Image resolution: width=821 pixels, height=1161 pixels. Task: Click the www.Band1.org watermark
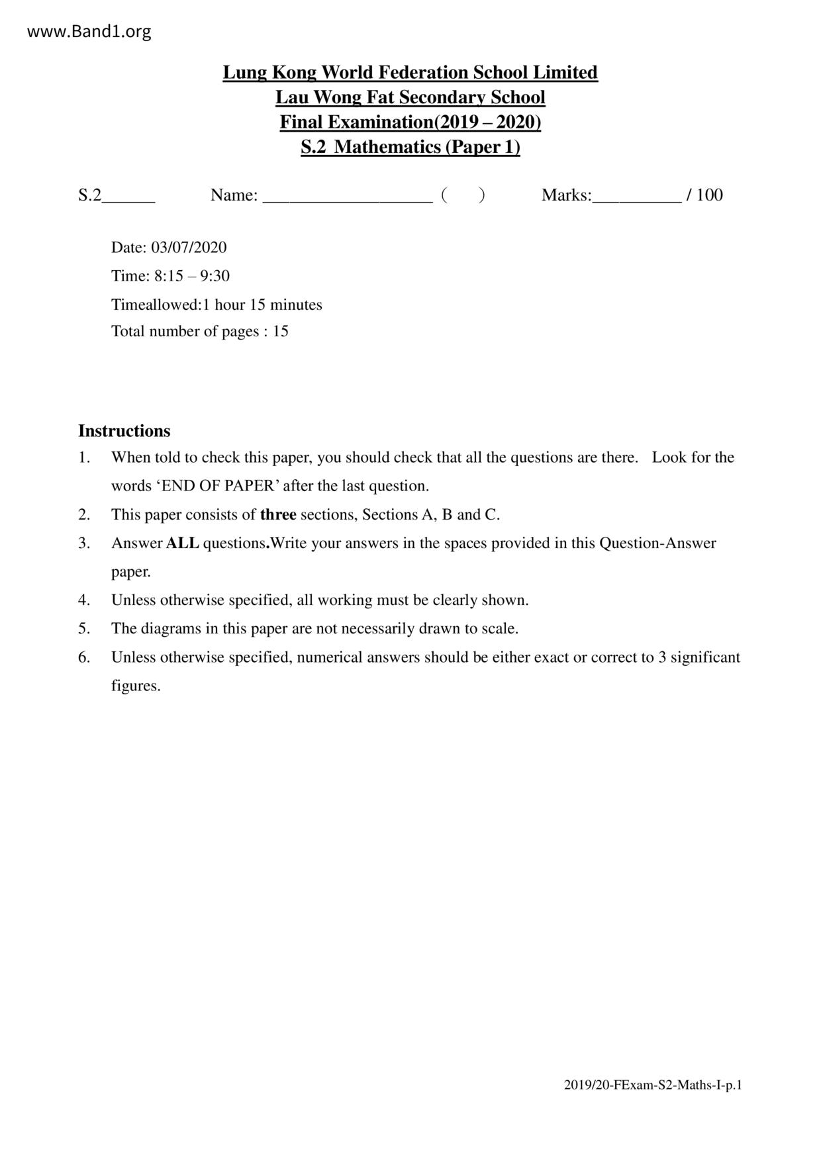tap(89, 31)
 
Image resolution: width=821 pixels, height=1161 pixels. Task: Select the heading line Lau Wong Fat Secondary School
tap(410, 97)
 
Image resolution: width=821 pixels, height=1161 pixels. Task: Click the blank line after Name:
tap(348, 196)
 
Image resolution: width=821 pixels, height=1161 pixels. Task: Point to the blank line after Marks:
tap(637, 196)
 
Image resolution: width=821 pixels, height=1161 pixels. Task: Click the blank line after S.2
tap(128, 196)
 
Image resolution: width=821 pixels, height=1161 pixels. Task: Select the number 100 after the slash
tap(710, 195)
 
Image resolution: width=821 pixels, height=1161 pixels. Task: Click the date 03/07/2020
tap(189, 248)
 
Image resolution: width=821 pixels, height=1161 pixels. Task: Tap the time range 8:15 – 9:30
tap(192, 276)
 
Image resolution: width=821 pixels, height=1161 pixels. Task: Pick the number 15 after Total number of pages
tap(281, 332)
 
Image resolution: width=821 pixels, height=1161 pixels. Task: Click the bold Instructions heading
tap(124, 431)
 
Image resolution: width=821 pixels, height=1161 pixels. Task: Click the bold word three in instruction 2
tap(278, 514)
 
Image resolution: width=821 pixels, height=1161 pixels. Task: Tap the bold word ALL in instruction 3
tap(182, 543)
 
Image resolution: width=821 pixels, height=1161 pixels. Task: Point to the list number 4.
tap(83, 600)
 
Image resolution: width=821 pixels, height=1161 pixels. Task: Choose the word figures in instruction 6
tap(136, 686)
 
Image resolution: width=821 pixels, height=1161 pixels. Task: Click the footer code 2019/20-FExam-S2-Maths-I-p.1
tap(652, 1085)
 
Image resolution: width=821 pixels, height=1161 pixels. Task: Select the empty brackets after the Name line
tap(463, 195)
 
